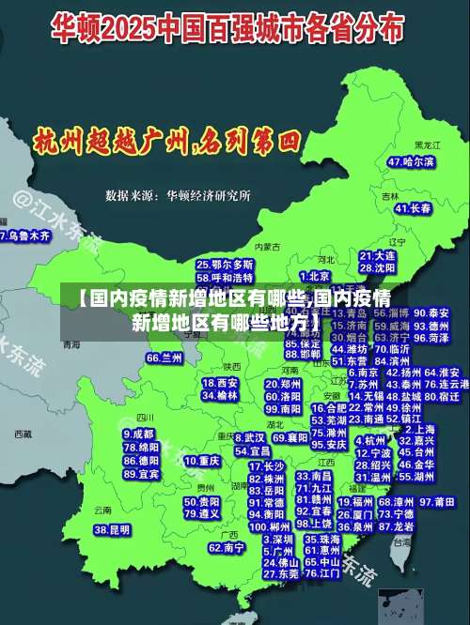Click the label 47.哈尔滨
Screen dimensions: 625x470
[412, 161]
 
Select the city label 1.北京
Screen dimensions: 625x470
[316, 276]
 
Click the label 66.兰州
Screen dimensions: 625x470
[164, 358]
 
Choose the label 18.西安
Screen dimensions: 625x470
[220, 383]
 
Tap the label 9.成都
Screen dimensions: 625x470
[138, 434]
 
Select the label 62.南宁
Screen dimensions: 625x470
[227, 547]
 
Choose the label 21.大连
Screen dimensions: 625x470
[377, 255]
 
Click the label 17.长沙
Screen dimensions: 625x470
[266, 465]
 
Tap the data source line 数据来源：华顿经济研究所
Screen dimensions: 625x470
[178, 196]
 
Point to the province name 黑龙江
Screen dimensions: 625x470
[427, 146]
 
